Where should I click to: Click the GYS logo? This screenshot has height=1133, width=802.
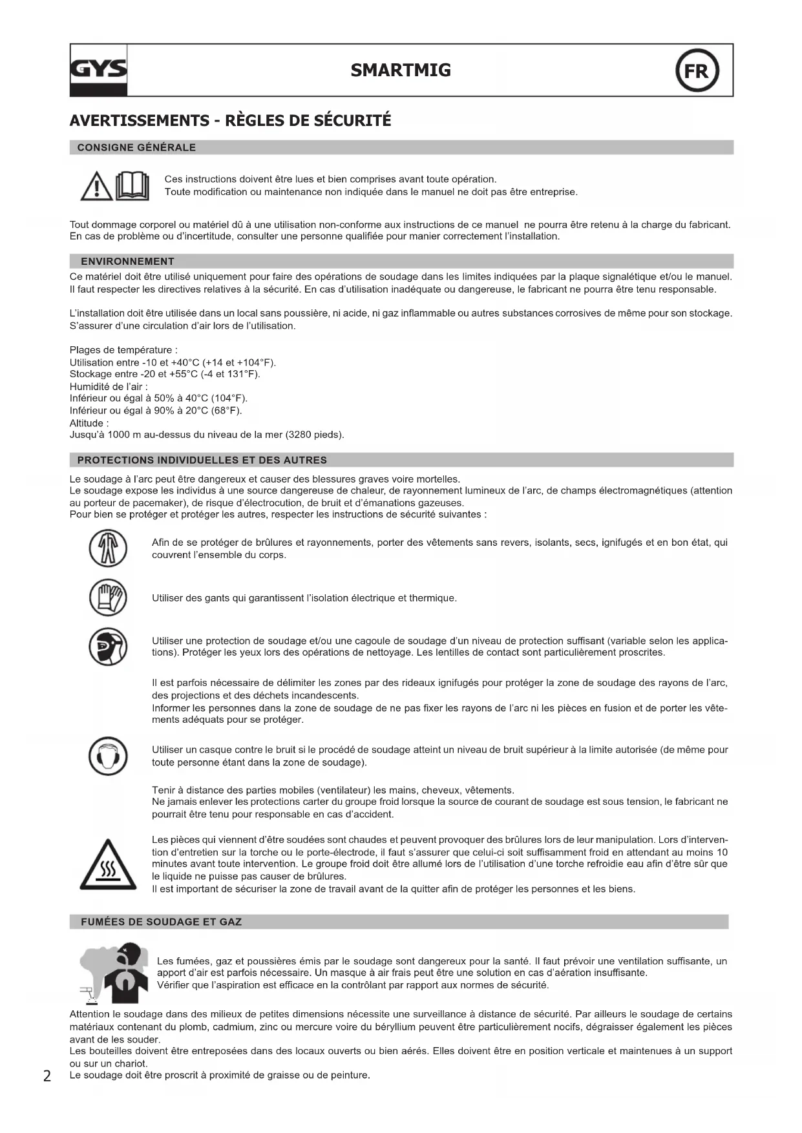(98, 70)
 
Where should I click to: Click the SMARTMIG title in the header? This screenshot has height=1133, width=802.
(401, 70)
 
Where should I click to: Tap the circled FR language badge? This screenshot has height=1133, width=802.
(697, 70)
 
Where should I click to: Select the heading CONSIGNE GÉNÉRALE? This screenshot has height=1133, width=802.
(136, 148)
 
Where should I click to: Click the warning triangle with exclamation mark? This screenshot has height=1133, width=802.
(96, 186)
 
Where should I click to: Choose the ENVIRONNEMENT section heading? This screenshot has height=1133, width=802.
(127, 262)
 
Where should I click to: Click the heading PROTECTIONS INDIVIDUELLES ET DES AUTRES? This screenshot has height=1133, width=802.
(202, 461)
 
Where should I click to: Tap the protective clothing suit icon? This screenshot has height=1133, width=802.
(108, 548)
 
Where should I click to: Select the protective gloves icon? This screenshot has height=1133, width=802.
(108, 598)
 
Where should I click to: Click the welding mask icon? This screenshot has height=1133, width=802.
(108, 647)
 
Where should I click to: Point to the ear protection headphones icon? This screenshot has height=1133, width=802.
(108, 756)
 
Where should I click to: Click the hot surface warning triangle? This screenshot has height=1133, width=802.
(108, 866)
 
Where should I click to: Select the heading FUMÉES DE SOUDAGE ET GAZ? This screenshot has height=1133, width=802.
(161, 922)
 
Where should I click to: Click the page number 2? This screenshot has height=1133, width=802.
(47, 1076)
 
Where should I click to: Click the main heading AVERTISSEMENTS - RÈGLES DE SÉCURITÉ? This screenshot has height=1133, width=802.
(230, 121)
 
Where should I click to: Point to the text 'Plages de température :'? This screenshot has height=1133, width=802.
(123, 350)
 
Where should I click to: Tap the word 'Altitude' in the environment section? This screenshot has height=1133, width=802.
(87, 423)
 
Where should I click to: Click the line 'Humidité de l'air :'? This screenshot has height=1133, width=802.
(109, 387)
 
